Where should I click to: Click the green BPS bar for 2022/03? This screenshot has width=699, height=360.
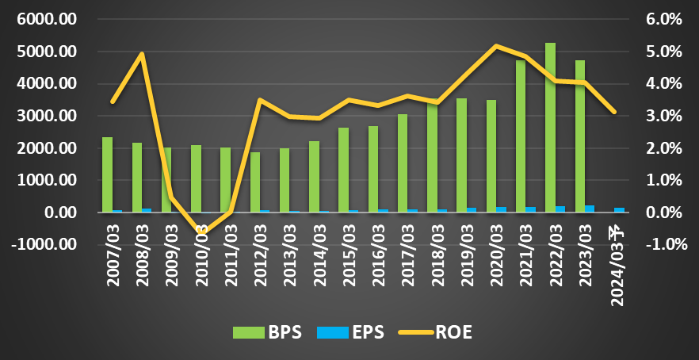pos(550,128)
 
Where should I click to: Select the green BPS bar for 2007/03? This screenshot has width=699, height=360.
pos(108,175)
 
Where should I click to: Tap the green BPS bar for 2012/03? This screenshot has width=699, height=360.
pos(255,182)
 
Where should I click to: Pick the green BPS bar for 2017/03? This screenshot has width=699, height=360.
pos(403,163)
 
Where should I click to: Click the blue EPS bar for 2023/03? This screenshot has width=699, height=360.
pos(590,209)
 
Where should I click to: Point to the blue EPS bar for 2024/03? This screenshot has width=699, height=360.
pos(619,210)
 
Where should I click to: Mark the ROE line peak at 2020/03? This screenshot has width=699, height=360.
pos(497,45)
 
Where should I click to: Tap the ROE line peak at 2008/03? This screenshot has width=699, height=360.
pos(142,54)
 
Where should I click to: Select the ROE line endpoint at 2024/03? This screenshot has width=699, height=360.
pos(614,112)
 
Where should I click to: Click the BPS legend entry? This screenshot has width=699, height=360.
pos(268,332)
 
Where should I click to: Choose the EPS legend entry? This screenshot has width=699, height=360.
pos(350,332)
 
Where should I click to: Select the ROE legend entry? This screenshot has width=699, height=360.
pos(434,332)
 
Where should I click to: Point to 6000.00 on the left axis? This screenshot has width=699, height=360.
pos(53,20)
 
